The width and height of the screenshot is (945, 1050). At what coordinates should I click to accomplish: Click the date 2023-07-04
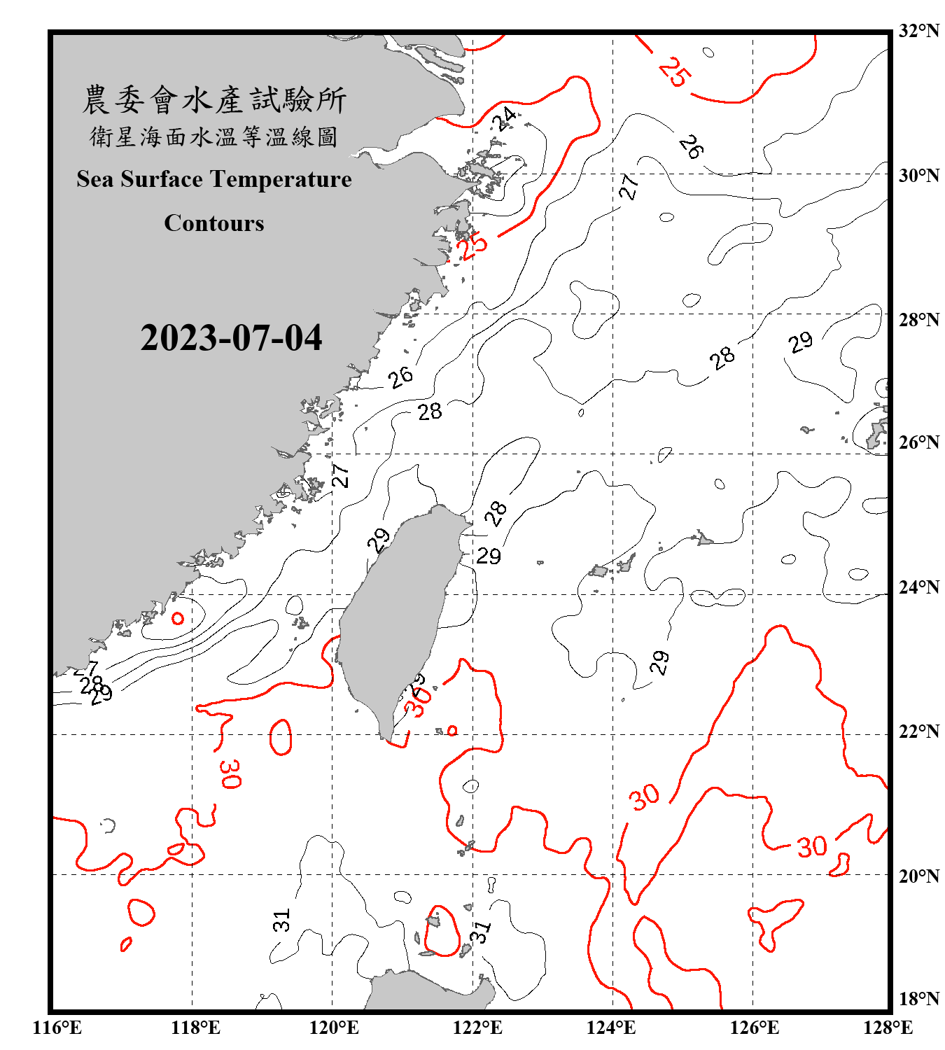tap(231, 338)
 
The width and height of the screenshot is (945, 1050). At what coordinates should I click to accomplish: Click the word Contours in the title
tap(214, 223)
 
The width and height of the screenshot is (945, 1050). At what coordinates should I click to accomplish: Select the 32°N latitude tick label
tap(918, 31)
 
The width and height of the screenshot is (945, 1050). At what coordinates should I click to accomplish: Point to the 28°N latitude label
tap(918, 320)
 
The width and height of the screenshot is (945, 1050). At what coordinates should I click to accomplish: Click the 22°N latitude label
tap(918, 731)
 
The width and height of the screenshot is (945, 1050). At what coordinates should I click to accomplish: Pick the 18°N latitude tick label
tap(918, 999)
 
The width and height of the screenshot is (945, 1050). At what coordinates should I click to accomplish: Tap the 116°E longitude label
tap(57, 1028)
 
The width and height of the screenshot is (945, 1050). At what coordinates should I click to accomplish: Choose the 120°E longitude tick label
tap(334, 1028)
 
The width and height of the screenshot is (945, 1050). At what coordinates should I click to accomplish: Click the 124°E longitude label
tap(611, 1028)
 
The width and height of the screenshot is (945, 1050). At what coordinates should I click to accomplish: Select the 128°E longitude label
tap(888, 1028)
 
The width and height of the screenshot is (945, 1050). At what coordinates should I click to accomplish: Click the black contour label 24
tap(504, 118)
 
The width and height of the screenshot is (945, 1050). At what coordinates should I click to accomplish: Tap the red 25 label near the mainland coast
tap(472, 246)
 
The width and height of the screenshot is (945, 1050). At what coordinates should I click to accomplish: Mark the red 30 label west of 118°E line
tap(230, 773)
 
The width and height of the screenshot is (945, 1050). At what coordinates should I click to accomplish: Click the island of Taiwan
tap(395, 616)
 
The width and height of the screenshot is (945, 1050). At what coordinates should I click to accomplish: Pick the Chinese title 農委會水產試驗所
tap(214, 100)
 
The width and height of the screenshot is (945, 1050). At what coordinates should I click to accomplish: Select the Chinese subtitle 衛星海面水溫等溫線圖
tap(214, 136)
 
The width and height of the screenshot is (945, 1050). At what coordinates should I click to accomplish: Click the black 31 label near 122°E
tap(480, 932)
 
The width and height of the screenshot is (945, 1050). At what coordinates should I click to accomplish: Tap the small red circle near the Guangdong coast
tap(178, 618)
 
